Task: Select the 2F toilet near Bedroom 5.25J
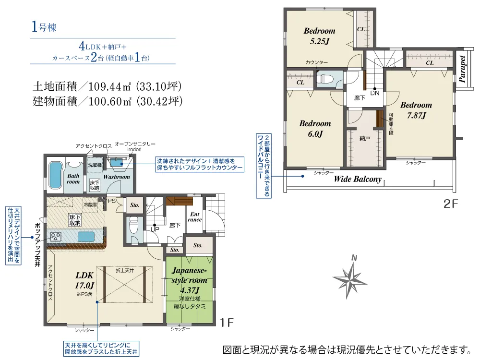[324, 79]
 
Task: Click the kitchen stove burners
[56, 236]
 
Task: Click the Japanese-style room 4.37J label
[190, 280]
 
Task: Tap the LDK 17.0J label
[85, 280]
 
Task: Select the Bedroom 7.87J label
[416, 110]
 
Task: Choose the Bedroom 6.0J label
[315, 129]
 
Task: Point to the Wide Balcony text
[358, 180]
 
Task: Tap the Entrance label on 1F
[194, 216]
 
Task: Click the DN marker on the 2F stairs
[374, 93]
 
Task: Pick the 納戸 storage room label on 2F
[365, 138]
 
